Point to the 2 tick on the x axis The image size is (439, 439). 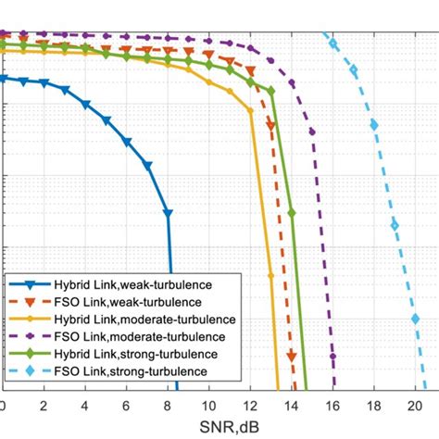pyautogui.click(x=44, y=406)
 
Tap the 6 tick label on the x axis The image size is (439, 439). pyautogui.click(x=126, y=406)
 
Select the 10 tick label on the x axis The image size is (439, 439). pyautogui.click(x=208, y=406)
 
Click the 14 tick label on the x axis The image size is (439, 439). pyautogui.click(x=291, y=406)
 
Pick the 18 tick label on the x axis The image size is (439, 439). pyautogui.click(x=373, y=406)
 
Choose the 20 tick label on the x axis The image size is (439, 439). pyautogui.click(x=415, y=406)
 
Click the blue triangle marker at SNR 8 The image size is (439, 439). pyautogui.click(x=168, y=213)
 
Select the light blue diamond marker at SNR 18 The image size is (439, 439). pyautogui.click(x=373, y=124)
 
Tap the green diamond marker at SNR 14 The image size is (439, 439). pyautogui.click(x=292, y=213)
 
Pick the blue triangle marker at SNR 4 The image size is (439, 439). pyautogui.click(x=85, y=105)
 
